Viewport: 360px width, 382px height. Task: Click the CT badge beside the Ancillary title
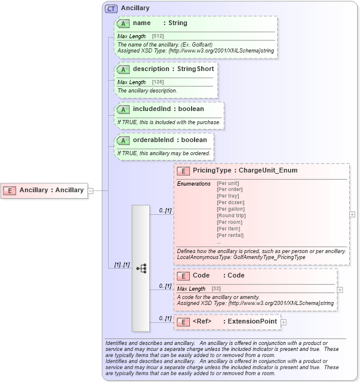coord(111,9)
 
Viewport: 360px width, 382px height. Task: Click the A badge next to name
coord(124,23)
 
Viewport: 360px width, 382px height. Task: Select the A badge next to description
coord(124,69)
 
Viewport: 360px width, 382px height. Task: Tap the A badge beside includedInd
coord(124,109)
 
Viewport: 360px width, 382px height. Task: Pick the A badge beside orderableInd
coord(124,140)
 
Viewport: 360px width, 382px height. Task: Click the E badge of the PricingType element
coord(183,171)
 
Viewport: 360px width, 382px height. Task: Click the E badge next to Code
coord(183,276)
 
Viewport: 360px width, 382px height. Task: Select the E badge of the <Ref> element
coord(183,322)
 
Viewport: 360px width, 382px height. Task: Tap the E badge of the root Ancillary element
coord(10,190)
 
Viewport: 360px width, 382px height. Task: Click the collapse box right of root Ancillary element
coord(91,190)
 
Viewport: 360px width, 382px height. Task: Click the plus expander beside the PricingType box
coord(352,214)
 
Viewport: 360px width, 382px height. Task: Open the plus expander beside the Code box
coord(340,289)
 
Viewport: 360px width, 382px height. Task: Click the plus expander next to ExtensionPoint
coord(284,322)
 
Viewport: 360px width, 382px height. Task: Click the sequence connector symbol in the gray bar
coord(141,268)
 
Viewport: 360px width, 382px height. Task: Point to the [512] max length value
coord(158,36)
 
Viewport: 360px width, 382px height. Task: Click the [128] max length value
coord(158,82)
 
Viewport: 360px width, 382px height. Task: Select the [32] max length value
coord(216,289)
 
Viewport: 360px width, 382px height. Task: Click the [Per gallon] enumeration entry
coord(230,209)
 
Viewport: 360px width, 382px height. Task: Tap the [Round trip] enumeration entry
coord(231,215)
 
